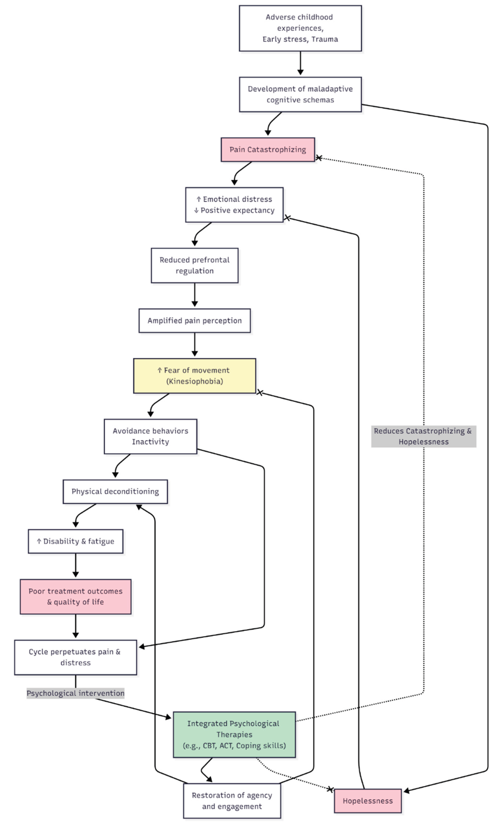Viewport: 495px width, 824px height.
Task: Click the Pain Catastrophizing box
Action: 268,150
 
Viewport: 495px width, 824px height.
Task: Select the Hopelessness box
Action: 368,801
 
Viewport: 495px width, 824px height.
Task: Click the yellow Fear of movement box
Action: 194,376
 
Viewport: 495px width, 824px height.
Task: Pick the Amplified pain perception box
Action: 194,320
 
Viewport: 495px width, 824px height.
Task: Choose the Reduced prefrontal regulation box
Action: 194,265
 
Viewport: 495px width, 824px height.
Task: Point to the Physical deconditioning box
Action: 115,491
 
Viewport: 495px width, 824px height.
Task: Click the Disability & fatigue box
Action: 75,541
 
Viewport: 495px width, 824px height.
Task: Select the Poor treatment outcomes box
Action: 75,597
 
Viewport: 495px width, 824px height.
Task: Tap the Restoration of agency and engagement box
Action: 232,801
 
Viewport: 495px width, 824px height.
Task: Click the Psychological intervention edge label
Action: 75,693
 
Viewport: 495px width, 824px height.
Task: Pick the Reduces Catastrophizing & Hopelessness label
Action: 423,436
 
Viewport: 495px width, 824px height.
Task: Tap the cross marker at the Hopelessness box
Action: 330,789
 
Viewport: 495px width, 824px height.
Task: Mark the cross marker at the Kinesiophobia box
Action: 260,393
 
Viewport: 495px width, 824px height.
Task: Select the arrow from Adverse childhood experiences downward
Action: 300,63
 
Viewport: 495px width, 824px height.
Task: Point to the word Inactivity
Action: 150,442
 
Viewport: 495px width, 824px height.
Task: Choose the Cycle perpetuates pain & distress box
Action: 75,657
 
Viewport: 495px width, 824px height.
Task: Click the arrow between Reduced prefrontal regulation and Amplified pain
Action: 194,295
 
